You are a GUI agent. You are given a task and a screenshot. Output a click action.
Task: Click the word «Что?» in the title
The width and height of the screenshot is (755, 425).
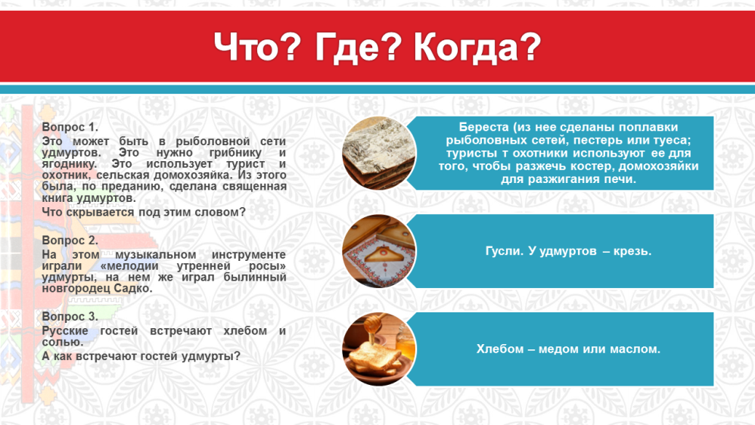point(257,47)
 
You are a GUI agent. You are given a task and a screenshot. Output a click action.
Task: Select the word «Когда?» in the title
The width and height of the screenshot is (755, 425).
point(477,47)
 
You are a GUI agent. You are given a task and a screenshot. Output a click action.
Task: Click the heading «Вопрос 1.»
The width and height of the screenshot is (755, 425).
point(70,127)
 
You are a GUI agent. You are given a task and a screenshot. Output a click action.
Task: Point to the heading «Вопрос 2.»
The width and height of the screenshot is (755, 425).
point(70,240)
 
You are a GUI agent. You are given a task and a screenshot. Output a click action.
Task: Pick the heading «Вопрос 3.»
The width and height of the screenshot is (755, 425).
point(70,316)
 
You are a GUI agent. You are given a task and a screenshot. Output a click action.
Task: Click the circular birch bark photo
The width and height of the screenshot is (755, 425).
point(379,153)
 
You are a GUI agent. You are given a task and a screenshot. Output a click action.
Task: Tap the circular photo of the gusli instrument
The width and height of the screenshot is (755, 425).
point(379,251)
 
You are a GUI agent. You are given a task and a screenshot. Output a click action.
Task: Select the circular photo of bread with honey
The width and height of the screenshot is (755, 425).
point(379,349)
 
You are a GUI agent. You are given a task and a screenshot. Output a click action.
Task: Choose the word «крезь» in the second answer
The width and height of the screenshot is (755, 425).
point(632,251)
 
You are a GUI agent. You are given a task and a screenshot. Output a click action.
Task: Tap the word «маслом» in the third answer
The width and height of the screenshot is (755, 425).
point(638,349)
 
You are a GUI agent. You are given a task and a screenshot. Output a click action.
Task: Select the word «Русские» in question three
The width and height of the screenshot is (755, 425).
point(65,331)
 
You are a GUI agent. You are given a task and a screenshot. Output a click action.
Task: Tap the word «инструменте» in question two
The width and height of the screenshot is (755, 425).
point(249,255)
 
